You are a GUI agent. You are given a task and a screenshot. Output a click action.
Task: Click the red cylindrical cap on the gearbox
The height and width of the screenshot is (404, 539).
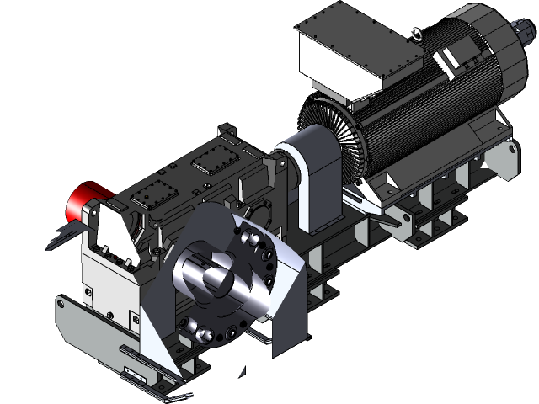pos(85,200)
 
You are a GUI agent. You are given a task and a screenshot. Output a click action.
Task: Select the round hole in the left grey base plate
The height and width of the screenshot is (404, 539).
pos(62,302)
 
